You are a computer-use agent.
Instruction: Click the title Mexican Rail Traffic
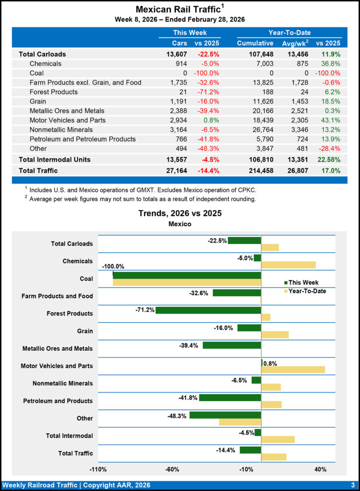(178, 9)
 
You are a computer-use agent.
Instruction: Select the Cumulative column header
(255, 43)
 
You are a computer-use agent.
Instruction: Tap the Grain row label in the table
(39, 101)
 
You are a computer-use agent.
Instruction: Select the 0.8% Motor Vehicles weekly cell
(211, 120)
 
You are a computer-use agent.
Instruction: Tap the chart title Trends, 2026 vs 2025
(180, 213)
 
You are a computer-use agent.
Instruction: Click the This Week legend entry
(303, 282)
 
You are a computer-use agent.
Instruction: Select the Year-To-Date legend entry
(307, 291)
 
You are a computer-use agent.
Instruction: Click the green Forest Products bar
(208, 310)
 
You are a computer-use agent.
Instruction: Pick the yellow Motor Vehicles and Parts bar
(293, 369)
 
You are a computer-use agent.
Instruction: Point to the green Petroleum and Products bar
(230, 397)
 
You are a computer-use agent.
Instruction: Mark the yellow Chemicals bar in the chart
(288, 265)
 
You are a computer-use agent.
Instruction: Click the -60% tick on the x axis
(172, 469)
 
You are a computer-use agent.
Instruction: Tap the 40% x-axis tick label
(320, 469)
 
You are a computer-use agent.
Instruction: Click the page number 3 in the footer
(352, 485)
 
